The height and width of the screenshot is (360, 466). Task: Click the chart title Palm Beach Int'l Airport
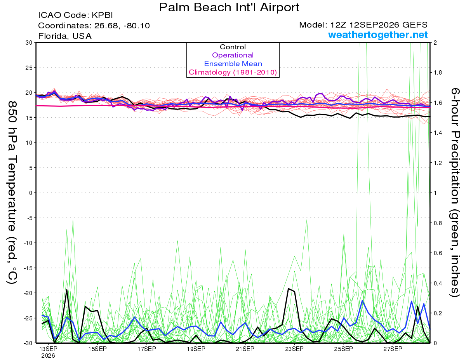tap(229, 7)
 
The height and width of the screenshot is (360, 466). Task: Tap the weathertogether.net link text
tap(378, 35)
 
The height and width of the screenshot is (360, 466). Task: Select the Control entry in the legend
tap(233, 47)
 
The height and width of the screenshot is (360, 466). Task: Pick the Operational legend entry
tap(233, 55)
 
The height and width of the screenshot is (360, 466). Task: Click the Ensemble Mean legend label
tap(233, 64)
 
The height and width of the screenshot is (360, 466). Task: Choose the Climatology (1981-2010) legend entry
tap(233, 72)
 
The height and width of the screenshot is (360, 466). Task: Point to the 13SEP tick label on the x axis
tap(48, 349)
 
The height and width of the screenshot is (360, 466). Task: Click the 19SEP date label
tap(196, 349)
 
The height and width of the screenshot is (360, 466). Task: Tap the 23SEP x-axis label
tap(294, 349)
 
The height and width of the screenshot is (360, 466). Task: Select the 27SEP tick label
tap(393, 349)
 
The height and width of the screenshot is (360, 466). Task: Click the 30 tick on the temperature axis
tap(29, 43)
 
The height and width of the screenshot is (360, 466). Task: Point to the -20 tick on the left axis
tap(28, 293)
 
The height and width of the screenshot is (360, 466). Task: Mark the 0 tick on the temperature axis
tap(31, 193)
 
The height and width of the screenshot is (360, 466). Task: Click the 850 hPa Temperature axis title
tap(12, 193)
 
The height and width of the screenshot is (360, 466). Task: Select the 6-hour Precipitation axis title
tap(455, 192)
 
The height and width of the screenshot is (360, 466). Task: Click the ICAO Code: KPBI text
tap(75, 15)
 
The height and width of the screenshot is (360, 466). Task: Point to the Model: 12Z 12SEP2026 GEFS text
tap(363, 25)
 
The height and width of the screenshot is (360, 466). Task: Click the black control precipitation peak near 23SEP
tap(289, 289)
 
